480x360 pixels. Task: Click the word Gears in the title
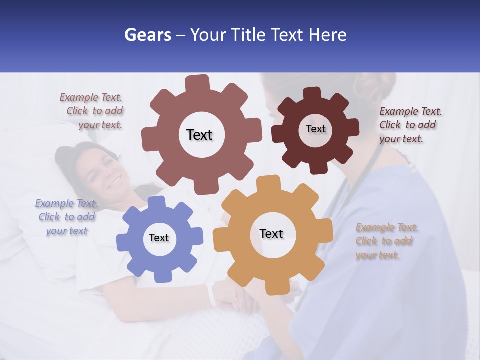(x=147, y=35)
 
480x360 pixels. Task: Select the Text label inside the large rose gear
(x=199, y=135)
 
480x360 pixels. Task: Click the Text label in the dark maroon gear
(x=315, y=129)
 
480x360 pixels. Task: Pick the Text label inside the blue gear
(x=159, y=238)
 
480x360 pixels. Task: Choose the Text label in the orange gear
(x=271, y=233)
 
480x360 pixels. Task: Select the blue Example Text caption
(x=67, y=217)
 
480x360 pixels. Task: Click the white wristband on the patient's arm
(x=212, y=295)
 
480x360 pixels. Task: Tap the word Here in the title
(x=328, y=35)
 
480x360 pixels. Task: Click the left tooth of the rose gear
(x=149, y=137)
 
